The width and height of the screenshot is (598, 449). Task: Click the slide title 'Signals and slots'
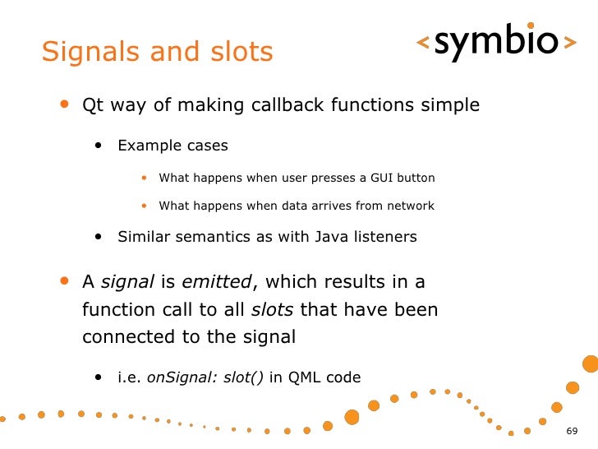coord(157,52)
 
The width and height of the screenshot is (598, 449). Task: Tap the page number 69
coord(573,433)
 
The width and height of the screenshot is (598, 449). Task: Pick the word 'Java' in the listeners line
coord(331,237)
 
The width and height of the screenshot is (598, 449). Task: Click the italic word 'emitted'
coord(216,282)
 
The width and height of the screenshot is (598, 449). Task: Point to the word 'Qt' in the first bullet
coord(92,106)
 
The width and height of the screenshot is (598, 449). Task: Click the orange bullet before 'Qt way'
coord(64,105)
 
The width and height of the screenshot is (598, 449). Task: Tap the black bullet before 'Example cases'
coord(99,146)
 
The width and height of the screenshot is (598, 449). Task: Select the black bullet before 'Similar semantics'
coord(99,237)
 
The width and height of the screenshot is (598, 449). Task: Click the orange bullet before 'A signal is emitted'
coord(64,281)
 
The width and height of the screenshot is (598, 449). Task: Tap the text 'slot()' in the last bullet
coord(244,378)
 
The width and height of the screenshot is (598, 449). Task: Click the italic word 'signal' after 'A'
coord(127,282)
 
